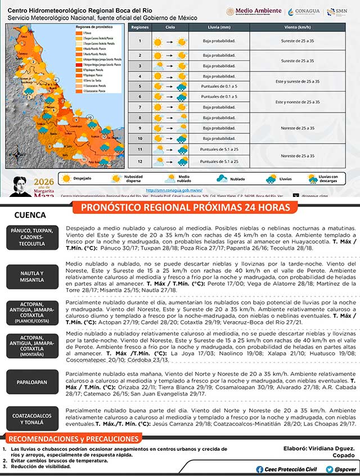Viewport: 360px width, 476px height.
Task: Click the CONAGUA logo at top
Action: tap(304, 12)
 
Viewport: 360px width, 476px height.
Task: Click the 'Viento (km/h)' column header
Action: tap(298, 27)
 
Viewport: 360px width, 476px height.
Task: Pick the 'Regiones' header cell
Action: tap(139, 27)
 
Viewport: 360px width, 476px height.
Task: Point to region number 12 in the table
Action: tap(139, 161)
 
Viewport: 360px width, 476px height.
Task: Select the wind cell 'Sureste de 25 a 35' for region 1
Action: tap(298, 41)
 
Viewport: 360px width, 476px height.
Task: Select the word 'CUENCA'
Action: tap(30, 215)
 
